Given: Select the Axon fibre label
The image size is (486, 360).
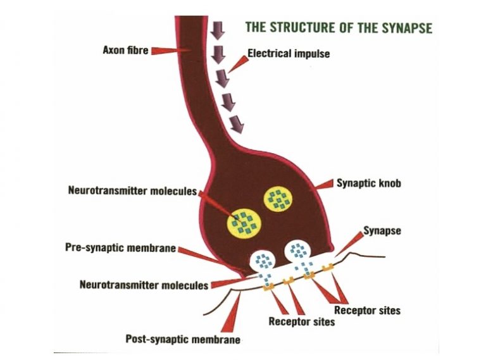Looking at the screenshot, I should coord(124,49).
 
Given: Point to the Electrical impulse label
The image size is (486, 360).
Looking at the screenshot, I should coord(289,54).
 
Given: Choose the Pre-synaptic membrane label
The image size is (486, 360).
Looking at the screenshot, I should coord(121,248).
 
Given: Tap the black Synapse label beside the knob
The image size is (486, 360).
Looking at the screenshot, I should coord(382,231).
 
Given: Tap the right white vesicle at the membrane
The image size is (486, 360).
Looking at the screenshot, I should coord(296,251).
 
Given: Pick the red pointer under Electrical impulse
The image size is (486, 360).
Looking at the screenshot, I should coord(238,63).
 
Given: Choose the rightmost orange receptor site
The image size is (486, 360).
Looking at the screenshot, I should coord(328,268).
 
